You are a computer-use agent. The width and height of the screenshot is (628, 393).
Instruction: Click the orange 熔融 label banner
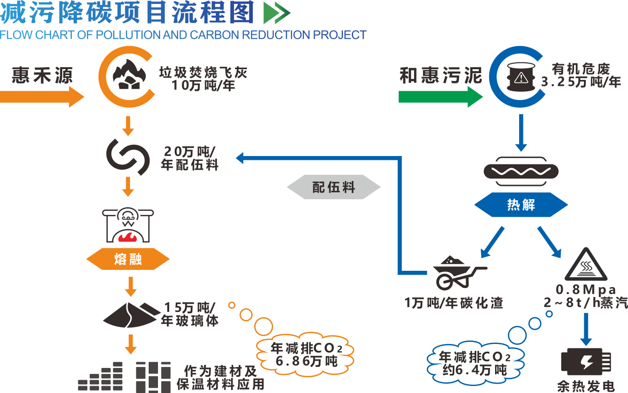point(128,259)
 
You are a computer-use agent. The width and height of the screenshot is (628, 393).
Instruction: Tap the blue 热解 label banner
point(521,205)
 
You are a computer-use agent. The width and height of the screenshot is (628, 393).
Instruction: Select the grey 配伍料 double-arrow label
point(334,187)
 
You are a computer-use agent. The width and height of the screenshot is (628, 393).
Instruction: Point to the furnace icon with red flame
point(128,226)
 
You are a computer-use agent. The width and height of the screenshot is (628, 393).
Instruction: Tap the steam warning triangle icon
point(585,265)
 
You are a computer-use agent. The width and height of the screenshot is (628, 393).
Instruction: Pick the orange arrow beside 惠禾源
point(42,96)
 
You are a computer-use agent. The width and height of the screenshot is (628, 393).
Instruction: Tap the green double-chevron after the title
point(277,13)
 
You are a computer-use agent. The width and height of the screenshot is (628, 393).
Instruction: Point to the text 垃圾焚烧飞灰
point(203,73)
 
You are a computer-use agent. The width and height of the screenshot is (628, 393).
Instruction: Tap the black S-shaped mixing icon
point(128,157)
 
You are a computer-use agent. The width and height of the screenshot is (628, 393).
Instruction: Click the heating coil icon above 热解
point(521,171)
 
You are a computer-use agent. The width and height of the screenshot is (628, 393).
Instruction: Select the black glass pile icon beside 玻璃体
point(130,314)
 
